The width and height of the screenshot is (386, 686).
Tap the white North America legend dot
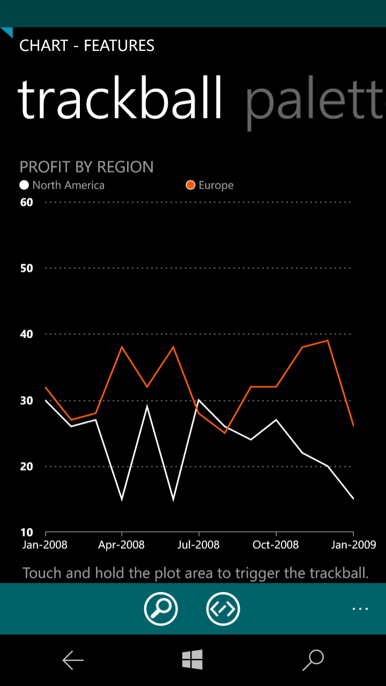point(24,185)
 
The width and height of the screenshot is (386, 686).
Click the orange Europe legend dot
point(190,185)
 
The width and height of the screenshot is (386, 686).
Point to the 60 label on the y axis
point(26,202)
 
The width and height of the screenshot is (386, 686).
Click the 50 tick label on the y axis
point(26,269)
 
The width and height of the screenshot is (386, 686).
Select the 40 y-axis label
point(26,334)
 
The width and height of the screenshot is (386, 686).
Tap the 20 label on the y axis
point(26,466)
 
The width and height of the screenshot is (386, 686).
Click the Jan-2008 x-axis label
point(45,545)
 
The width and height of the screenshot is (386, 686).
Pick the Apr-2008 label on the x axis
point(122,545)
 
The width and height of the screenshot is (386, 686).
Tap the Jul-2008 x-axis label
point(198,545)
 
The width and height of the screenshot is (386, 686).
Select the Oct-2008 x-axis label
point(276,545)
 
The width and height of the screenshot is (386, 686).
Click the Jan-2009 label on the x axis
point(353,545)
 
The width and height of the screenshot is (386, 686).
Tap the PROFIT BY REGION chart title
point(87,167)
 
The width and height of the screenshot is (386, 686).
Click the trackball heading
point(120,99)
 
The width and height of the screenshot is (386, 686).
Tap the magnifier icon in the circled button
point(161,608)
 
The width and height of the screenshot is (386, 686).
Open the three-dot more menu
point(360,609)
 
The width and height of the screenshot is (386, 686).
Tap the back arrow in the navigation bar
point(73,660)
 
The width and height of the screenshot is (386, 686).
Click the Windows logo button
point(192,660)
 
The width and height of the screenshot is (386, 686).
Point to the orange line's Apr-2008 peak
point(122,347)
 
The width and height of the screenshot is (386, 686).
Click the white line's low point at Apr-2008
point(122,499)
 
